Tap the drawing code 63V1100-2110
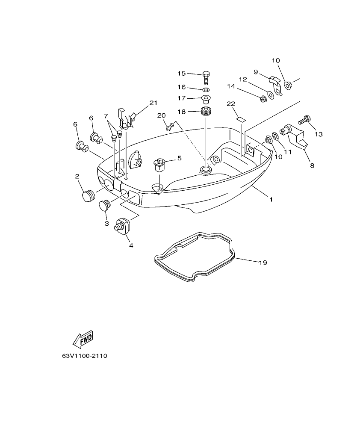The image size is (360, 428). pyautogui.click(x=84, y=356)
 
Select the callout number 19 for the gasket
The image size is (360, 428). pyautogui.click(x=263, y=262)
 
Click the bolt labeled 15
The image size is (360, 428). pyautogui.click(x=206, y=78)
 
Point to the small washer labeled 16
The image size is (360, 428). pyautogui.click(x=205, y=90)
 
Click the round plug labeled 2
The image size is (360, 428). pyautogui.click(x=87, y=196)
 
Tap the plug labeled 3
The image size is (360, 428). pyautogui.click(x=105, y=207)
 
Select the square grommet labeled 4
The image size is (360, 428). pyautogui.click(x=121, y=225)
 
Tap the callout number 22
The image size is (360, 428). pyautogui.click(x=231, y=104)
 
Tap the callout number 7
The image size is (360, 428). pyautogui.click(x=106, y=116)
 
